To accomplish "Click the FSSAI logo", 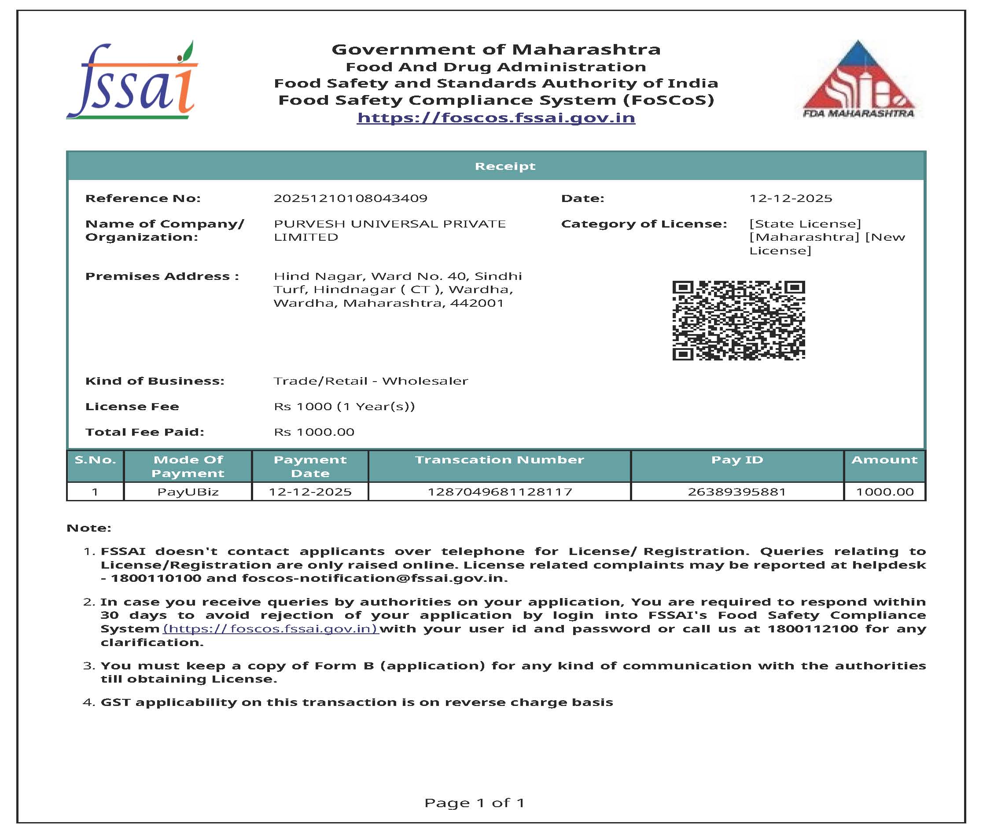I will [x=132, y=81].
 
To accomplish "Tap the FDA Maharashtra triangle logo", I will [x=858, y=79].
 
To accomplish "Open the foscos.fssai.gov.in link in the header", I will [x=496, y=117].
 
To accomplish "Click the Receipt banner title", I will [x=505, y=166].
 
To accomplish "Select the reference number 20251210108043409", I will [x=350, y=198].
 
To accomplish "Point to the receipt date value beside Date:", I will [x=791, y=198].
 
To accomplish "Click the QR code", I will [x=738, y=320].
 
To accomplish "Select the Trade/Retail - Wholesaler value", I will [x=371, y=381].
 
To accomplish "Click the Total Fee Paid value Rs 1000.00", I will [x=314, y=432].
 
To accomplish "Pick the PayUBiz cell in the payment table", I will [x=188, y=492].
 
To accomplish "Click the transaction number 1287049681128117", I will [x=500, y=492].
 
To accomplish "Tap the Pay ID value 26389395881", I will [x=736, y=492].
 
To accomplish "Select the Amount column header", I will [x=884, y=459].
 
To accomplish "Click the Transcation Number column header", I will [x=499, y=459].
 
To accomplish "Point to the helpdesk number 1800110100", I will [x=156, y=578].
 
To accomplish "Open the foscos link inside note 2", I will [x=270, y=629].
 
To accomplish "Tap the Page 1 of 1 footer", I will [x=474, y=802].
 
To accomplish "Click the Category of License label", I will [x=644, y=224].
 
